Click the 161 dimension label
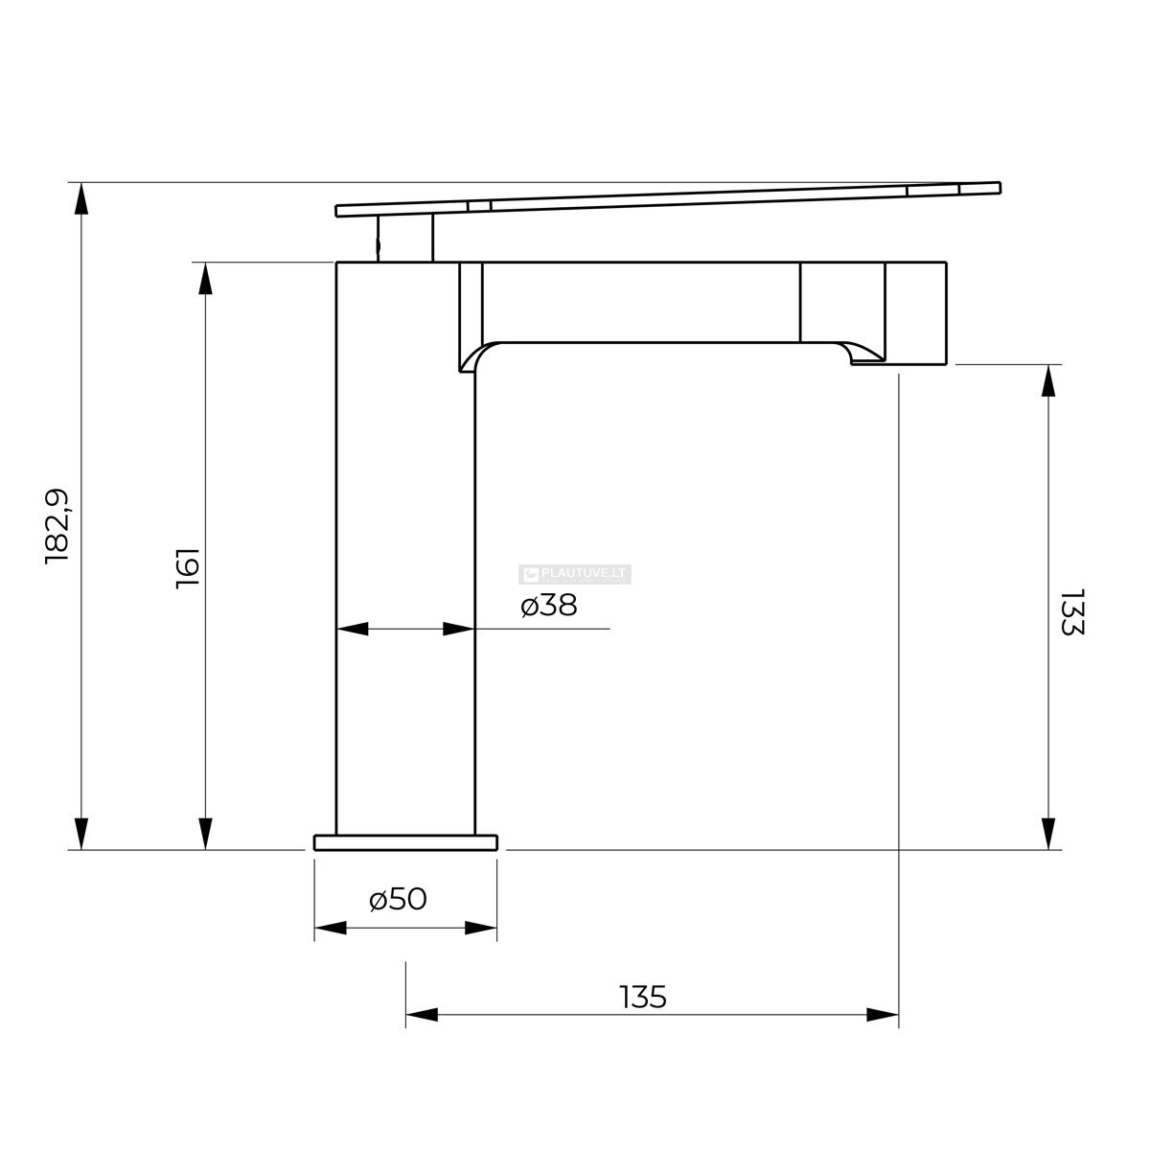(188, 568)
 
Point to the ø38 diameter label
(548, 606)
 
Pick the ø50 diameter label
(398, 899)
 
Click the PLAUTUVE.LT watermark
(575, 574)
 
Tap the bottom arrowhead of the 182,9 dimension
(81, 833)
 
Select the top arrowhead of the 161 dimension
(205, 278)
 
